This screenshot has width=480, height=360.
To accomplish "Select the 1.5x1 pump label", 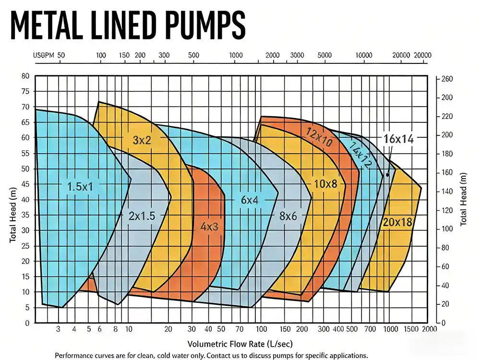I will (x=80, y=187).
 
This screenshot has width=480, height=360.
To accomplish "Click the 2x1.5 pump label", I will (x=142, y=216).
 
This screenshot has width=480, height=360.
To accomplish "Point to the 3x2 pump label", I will (x=142, y=140).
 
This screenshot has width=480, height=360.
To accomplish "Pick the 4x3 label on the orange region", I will (x=209, y=227).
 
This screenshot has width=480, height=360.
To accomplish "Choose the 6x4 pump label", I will (x=250, y=200).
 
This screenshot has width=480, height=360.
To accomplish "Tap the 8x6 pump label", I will (x=288, y=216).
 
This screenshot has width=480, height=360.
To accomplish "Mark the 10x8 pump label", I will (x=326, y=184).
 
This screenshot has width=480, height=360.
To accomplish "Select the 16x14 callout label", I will (x=398, y=139).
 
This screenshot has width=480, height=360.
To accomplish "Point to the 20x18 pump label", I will (x=398, y=222).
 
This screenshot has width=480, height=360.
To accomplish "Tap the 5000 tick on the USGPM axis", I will (x=324, y=55).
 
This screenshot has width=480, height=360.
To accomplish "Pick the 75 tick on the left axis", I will (x=25, y=92).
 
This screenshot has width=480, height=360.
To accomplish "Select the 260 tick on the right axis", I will (x=446, y=79).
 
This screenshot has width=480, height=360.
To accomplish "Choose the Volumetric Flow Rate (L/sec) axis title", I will (x=240, y=344).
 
